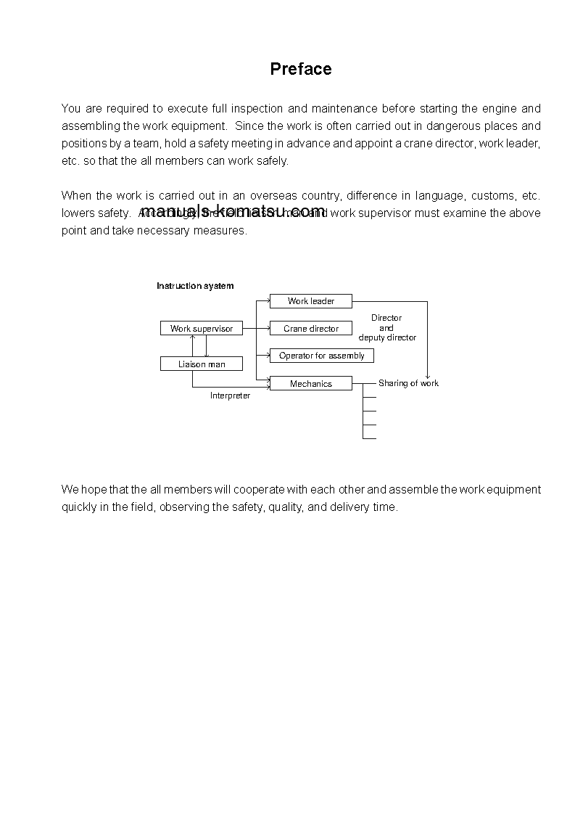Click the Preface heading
pyautogui.click(x=301, y=69)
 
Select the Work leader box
pyautogui.click(x=311, y=301)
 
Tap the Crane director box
pyautogui.click(x=311, y=329)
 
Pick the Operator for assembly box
pyautogui.click(x=322, y=356)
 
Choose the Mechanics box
pyautogui.click(x=311, y=384)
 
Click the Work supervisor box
pyautogui.click(x=202, y=329)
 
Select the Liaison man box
pyautogui.click(x=202, y=364)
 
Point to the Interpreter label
pyautogui.click(x=231, y=396)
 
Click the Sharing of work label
pyautogui.click(x=408, y=383)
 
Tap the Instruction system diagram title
pyautogui.click(x=195, y=286)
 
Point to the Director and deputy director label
pyautogui.click(x=387, y=328)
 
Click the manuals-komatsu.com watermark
pyautogui.click(x=233, y=211)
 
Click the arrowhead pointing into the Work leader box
pyautogui.click(x=267, y=301)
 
